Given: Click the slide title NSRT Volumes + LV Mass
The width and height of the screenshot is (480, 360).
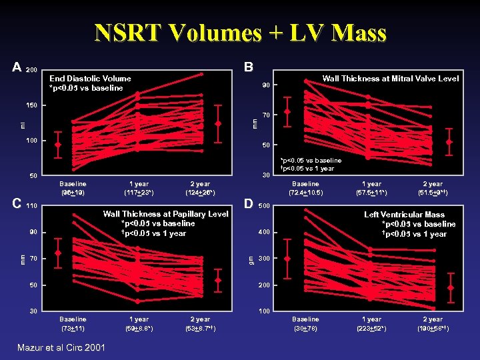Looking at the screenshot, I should click(240, 33).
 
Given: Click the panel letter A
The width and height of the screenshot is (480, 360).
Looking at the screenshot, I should click(17, 68).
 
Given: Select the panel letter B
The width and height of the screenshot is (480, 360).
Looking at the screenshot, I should click(248, 68).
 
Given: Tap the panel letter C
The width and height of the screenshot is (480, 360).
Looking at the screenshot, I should click(17, 205).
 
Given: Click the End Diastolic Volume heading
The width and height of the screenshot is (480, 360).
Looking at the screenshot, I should click(90, 79).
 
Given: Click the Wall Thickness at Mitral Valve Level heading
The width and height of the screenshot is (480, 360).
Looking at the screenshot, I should click(390, 79).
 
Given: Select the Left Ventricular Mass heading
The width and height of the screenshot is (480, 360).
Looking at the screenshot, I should click(404, 215).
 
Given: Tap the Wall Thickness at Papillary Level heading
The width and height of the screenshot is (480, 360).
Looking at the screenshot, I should click(165, 214).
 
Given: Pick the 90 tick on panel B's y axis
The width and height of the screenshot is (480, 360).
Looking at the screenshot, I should click(265, 85).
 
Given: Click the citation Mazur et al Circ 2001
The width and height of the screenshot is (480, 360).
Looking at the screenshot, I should click(61, 347).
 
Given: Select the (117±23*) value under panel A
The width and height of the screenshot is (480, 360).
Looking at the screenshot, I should click(139, 193).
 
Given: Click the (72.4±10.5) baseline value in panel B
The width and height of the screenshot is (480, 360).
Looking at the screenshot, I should click(305, 193).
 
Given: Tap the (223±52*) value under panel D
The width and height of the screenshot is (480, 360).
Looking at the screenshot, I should click(371, 329).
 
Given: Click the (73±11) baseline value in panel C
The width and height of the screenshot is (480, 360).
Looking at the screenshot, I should click(72, 329).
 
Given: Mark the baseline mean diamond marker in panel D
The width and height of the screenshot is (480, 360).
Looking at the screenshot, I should click(287, 259).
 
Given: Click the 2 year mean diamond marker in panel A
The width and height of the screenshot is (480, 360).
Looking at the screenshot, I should click(218, 123).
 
